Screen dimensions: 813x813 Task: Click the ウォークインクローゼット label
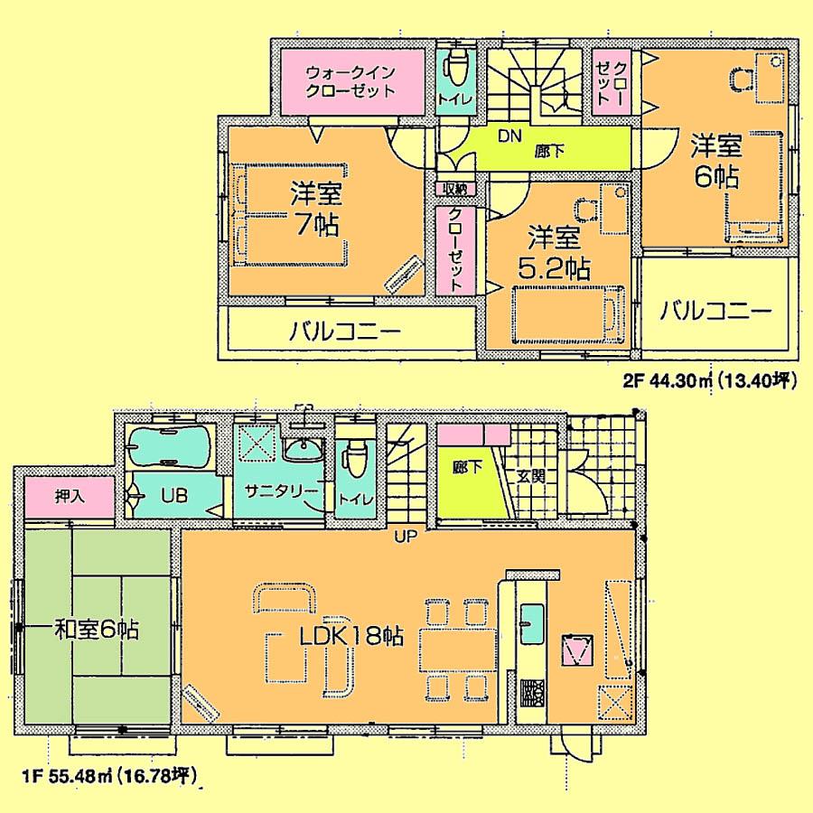pos(350,80)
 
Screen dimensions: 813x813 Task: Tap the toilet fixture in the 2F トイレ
pos(457,67)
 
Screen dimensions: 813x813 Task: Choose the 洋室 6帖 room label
pos(716,159)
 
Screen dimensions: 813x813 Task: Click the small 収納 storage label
pos(453,189)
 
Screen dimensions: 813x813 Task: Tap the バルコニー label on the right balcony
pos(715,312)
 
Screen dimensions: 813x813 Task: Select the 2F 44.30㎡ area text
pos(708,381)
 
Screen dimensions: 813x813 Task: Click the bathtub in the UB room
pos(170,447)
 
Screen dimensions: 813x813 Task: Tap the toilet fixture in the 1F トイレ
pos(354,455)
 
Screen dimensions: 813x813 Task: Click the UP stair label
pos(404,538)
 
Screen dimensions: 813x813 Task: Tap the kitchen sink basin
pos(530,621)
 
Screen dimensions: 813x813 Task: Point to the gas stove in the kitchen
pos(530,693)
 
